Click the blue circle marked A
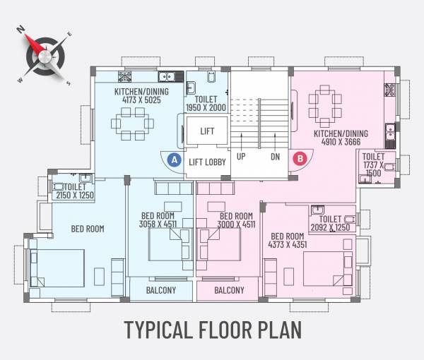pyautogui.click(x=173, y=160)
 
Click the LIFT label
pyautogui.click(x=207, y=131)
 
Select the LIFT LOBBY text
pyautogui.click(x=207, y=162)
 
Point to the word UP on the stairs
pyautogui.click(x=241, y=157)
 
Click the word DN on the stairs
pyautogui.click(x=275, y=157)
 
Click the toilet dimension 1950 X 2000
pyautogui.click(x=206, y=108)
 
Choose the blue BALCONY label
pyautogui.click(x=161, y=290)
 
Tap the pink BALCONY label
pyautogui.click(x=229, y=290)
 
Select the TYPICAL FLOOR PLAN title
pyautogui.click(x=213, y=330)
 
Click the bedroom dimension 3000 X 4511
pyautogui.click(x=236, y=224)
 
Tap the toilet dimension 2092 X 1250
pyautogui.click(x=330, y=227)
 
